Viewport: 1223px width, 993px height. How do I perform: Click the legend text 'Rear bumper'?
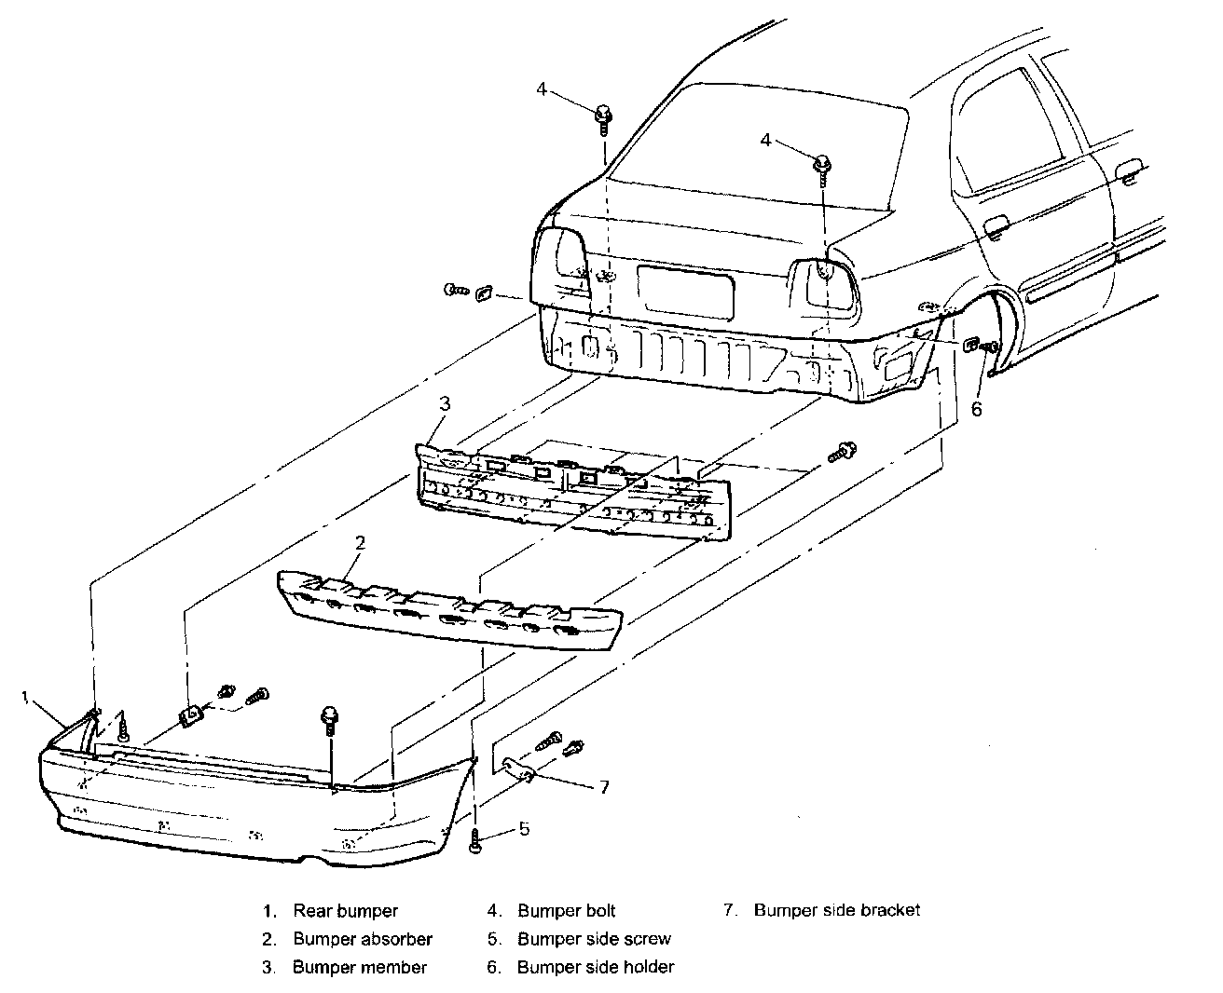click(x=345, y=911)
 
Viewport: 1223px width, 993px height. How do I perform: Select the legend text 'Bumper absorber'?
click(x=363, y=939)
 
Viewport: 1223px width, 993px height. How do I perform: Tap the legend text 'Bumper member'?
click(x=360, y=967)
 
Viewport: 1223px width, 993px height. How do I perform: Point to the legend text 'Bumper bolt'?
click(x=567, y=911)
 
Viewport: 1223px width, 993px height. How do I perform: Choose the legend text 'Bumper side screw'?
click(x=594, y=939)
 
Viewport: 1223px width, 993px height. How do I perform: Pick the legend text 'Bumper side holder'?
click(x=596, y=967)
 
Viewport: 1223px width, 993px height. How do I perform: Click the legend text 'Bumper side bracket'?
click(x=837, y=910)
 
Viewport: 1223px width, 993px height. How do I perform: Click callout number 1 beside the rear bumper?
click(x=26, y=697)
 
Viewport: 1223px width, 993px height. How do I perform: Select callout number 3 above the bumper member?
click(x=445, y=403)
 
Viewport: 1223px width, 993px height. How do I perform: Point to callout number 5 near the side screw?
click(x=524, y=827)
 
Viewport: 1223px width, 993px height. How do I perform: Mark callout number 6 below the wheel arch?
click(x=976, y=408)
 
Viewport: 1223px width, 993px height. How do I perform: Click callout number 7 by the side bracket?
click(x=604, y=787)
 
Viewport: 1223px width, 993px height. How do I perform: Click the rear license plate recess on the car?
click(x=685, y=292)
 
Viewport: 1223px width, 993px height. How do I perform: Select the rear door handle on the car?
click(x=996, y=225)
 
